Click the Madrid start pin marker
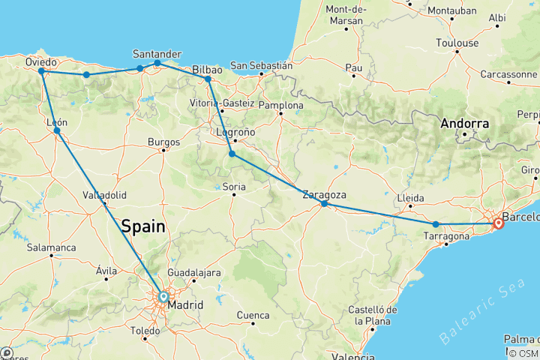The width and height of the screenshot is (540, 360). click(x=163, y=297)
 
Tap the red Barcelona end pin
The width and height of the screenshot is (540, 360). click(x=499, y=223)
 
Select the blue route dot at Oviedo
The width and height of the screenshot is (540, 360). click(x=41, y=71)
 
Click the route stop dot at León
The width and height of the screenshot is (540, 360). click(x=57, y=130)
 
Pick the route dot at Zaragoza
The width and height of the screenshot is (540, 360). click(x=324, y=203)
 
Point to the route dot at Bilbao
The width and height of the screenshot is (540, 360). click(x=208, y=79)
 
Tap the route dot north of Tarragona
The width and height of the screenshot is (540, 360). click(x=436, y=224)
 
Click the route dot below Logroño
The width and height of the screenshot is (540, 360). click(x=232, y=154)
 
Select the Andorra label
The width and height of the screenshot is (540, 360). click(x=465, y=123)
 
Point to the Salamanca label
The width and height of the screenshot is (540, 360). click(x=51, y=247)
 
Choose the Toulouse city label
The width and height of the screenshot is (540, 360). click(x=457, y=43)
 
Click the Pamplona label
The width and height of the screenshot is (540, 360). click(x=280, y=106)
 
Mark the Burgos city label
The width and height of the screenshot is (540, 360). click(x=164, y=142)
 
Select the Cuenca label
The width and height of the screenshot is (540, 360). click(x=253, y=315)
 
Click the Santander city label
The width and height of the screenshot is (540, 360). click(x=157, y=54)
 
